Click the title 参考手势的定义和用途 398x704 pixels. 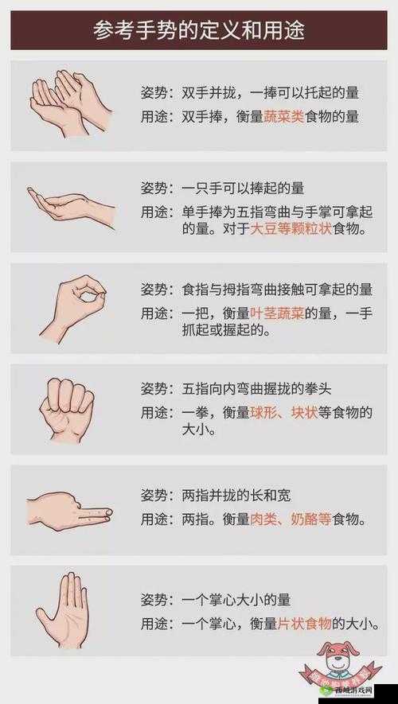(198, 31)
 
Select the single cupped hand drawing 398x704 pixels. (70, 205)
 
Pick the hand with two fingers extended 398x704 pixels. (70, 509)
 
